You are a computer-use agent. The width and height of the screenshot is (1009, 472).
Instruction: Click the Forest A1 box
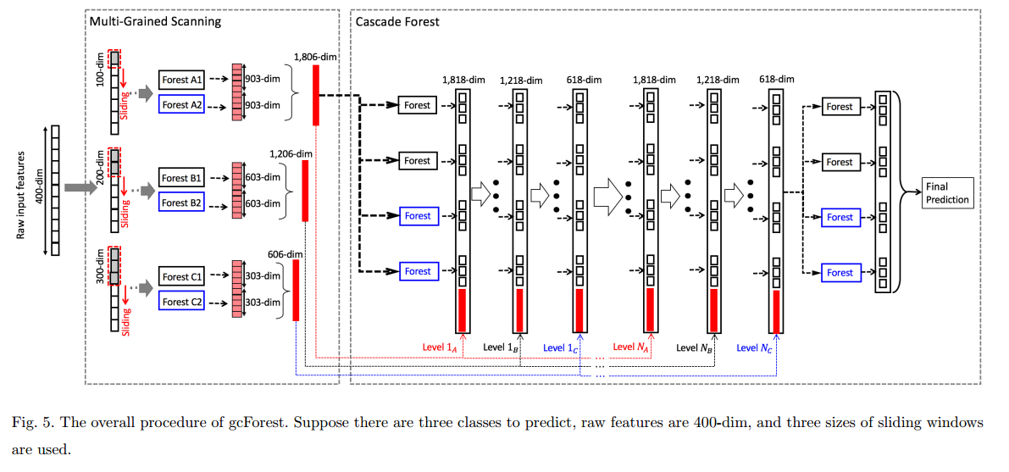click(182, 80)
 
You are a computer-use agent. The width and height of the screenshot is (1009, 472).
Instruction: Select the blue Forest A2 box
click(182, 105)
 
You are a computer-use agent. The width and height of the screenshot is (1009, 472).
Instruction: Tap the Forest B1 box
click(182, 178)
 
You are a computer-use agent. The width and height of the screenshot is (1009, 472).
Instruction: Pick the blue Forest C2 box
click(182, 302)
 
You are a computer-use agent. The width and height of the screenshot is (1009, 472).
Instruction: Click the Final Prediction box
click(949, 193)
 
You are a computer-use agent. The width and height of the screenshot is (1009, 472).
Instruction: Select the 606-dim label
click(286, 253)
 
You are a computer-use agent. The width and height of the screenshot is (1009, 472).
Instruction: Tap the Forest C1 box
click(182, 277)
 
